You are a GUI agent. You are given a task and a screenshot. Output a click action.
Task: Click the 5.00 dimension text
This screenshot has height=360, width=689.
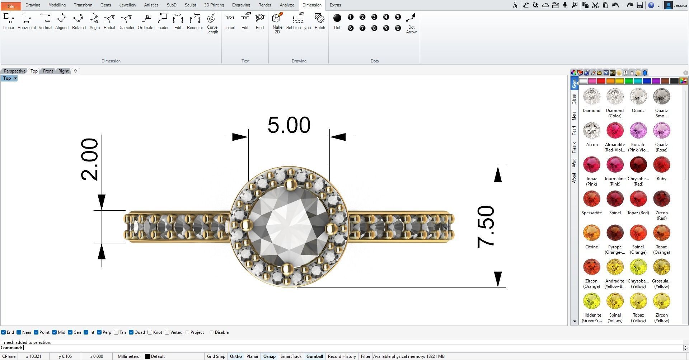[x=289, y=125]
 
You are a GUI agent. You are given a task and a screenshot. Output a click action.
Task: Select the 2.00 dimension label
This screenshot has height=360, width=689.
[x=89, y=159]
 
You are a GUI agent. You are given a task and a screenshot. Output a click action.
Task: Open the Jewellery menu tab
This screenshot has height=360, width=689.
[x=127, y=5]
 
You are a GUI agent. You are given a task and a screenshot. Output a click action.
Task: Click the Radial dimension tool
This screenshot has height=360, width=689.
[x=109, y=21]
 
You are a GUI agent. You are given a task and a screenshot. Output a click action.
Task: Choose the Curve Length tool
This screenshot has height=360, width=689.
[x=212, y=23]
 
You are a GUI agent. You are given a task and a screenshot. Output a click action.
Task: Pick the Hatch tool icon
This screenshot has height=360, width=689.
[x=319, y=21]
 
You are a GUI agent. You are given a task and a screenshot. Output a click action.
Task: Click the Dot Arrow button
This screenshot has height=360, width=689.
[x=411, y=23]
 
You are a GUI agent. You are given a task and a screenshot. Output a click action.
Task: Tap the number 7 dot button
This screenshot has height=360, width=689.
[x=362, y=28]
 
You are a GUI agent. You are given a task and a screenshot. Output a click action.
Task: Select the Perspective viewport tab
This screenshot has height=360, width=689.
[x=15, y=71]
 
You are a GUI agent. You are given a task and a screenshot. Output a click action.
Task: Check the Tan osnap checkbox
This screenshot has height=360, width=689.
[x=116, y=332]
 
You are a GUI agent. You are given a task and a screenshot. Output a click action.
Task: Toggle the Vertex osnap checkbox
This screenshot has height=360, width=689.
[x=167, y=332]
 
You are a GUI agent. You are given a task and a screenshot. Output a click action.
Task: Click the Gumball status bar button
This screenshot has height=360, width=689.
[x=314, y=356]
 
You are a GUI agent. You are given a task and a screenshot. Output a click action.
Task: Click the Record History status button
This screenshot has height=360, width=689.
[x=342, y=356]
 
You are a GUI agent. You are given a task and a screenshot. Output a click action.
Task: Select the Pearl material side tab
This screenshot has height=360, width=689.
[x=574, y=130]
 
